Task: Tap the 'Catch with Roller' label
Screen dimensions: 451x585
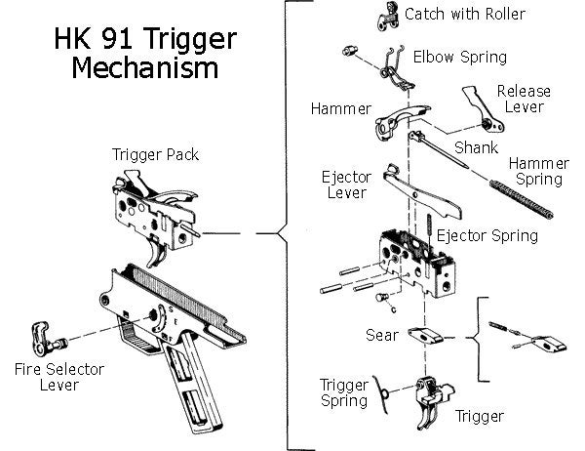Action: (x=465, y=14)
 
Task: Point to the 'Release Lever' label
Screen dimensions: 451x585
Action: (x=524, y=99)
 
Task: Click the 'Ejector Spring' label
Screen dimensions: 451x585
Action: (x=487, y=235)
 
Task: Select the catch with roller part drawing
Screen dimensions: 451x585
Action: (x=387, y=15)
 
